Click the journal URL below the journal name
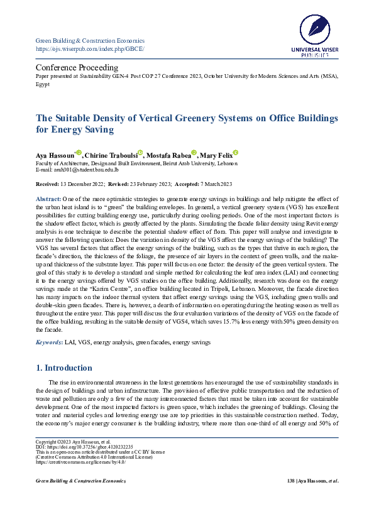[90, 48]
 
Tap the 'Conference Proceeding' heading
[77, 67]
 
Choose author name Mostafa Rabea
[168, 155]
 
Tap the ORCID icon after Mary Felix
[235, 153]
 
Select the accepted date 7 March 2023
[211, 183]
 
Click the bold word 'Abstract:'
[48, 199]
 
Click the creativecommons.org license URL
[81, 462]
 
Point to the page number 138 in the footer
[290, 481]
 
